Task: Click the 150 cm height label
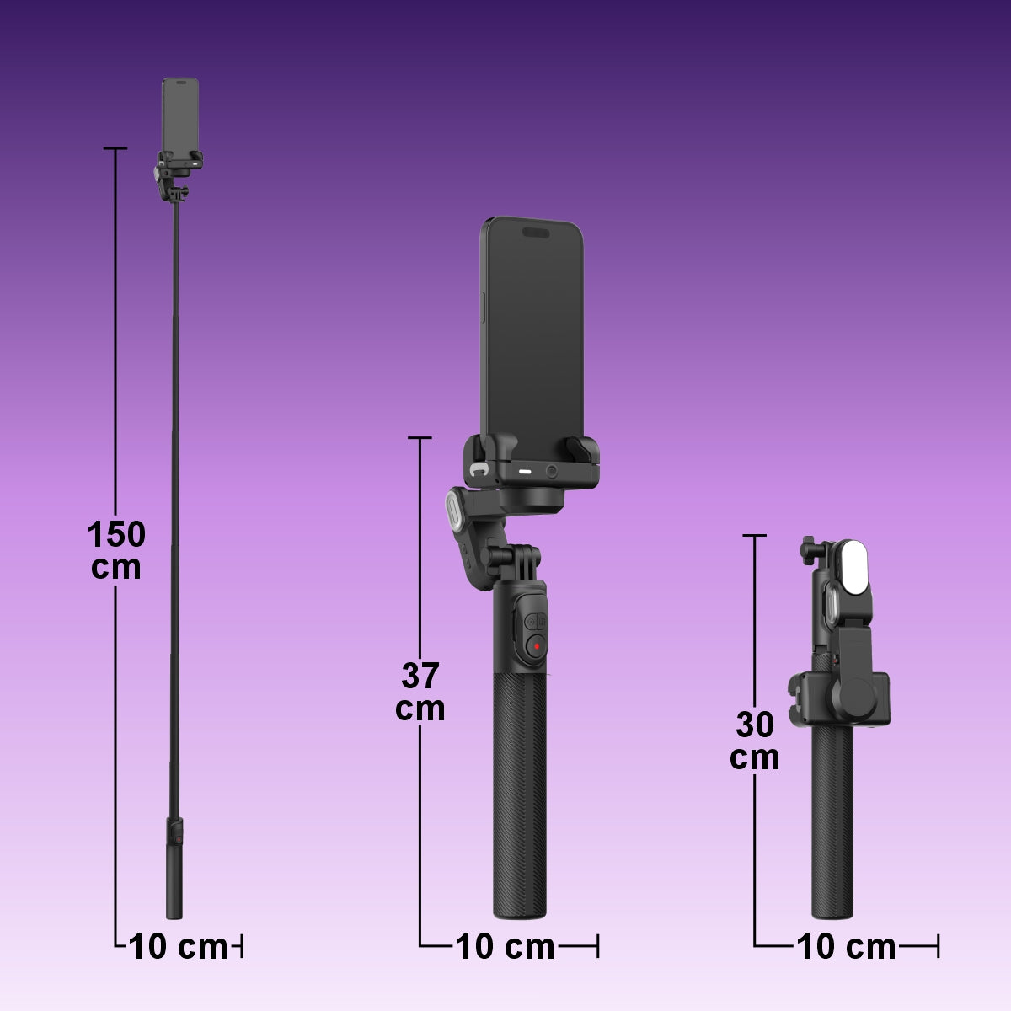tap(116, 550)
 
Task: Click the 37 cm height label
tap(420, 692)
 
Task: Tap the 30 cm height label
tap(754, 741)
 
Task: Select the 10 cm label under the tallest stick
tap(179, 947)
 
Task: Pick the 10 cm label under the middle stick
tap(505, 947)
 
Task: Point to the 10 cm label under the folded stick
tap(846, 947)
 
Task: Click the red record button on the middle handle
tap(536, 647)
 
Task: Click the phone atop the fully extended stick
tap(180, 114)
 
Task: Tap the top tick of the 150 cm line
tap(115, 148)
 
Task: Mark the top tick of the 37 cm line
tap(420, 438)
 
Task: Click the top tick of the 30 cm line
tap(754, 535)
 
